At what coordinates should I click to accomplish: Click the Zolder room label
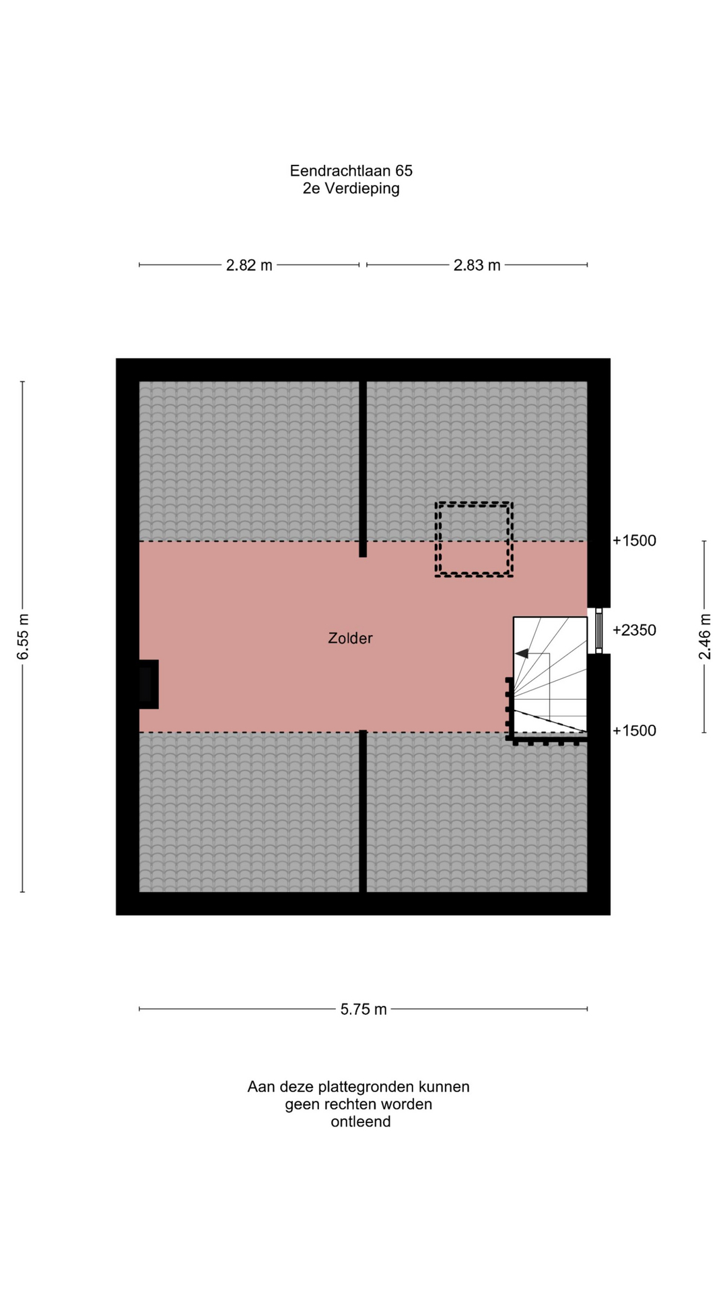[x=350, y=638]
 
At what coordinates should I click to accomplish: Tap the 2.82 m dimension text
[x=249, y=265]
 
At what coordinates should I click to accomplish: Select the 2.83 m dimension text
[x=477, y=265]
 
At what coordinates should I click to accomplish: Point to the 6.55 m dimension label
[x=23, y=637]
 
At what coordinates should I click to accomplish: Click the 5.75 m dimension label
[x=363, y=1009]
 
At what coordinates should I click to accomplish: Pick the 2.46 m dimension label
[x=705, y=637]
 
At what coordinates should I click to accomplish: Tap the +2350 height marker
[x=634, y=631]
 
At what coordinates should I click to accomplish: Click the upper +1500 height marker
[x=634, y=540]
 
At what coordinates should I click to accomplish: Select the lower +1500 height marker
[x=634, y=731]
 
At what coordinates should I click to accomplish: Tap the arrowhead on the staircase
[x=522, y=653]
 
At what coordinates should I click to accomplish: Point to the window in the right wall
[x=598, y=631]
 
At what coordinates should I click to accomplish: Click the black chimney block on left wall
[x=149, y=684]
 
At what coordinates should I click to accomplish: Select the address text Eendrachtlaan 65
[x=351, y=171]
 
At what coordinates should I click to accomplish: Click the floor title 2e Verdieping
[x=351, y=188]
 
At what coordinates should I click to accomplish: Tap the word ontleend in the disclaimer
[x=361, y=1122]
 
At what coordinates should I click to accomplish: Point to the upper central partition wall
[x=363, y=469]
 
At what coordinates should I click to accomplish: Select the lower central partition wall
[x=363, y=811]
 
